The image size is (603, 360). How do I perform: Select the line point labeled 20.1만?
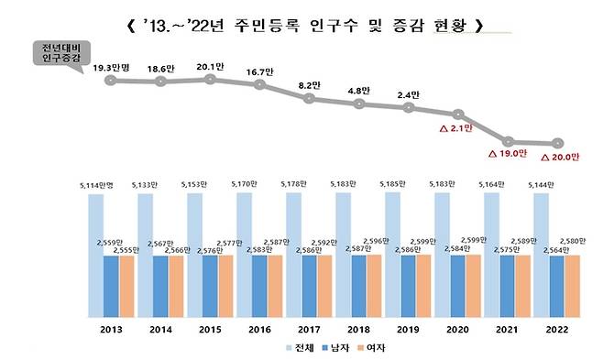click(x=210, y=80)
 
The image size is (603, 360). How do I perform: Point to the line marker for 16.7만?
click(x=259, y=86)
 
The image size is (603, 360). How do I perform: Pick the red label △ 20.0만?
click(x=560, y=157)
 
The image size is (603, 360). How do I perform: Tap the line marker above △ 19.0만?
click(x=507, y=142)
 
